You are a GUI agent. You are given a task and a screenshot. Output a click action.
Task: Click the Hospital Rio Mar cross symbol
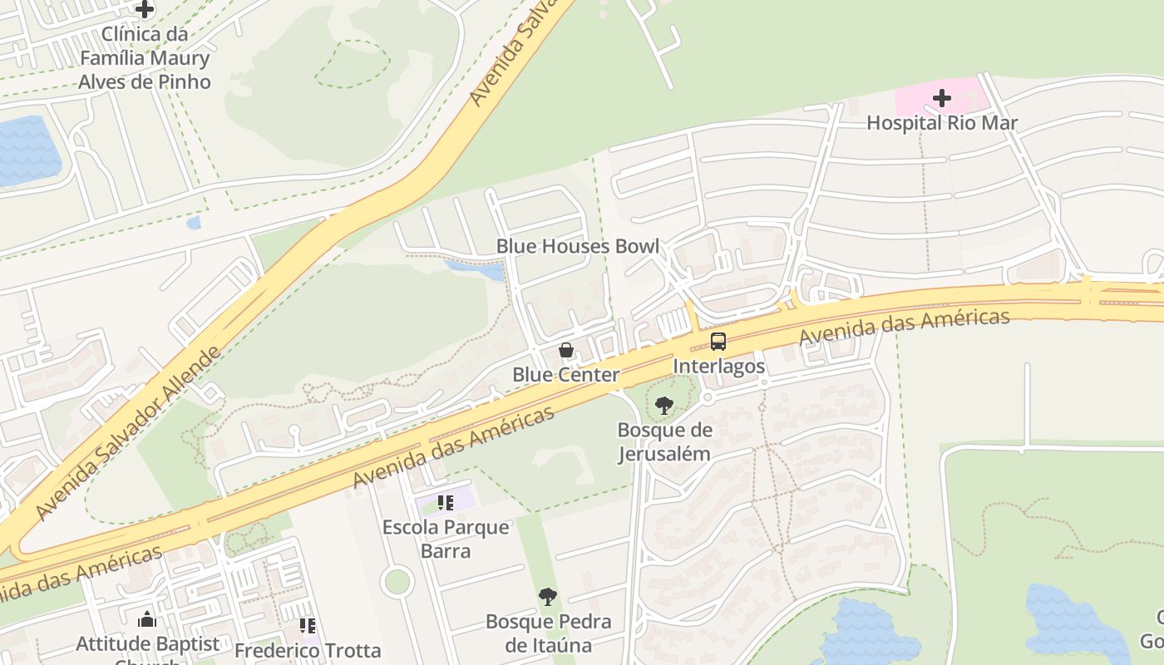point(941,99)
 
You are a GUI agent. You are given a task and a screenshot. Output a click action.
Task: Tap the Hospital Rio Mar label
point(942,123)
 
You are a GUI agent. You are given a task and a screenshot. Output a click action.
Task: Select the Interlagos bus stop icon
point(718,342)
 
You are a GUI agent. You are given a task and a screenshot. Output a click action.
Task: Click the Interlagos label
point(718,366)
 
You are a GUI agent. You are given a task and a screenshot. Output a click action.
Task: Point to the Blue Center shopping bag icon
point(566,350)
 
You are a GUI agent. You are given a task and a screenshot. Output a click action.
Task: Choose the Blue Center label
point(565,375)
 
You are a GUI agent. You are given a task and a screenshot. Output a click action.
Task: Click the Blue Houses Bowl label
point(578,246)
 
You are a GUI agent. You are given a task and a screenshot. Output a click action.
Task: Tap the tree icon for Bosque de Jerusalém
point(663,406)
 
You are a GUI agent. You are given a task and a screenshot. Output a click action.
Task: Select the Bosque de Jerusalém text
point(664,441)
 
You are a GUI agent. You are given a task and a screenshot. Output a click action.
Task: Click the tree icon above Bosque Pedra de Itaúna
point(547,596)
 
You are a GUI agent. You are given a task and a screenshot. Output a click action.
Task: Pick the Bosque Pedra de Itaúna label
point(548,633)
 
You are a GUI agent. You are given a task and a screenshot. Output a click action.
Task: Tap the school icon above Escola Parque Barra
point(446,502)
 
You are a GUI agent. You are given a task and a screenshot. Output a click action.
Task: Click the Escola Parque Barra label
point(446,539)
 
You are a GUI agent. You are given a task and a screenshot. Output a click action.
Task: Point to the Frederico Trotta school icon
point(308,625)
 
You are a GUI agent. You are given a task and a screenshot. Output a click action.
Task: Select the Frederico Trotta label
point(308,649)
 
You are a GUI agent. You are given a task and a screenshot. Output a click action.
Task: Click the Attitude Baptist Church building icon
point(147,619)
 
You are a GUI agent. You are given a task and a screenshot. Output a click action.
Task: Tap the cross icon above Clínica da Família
point(145,10)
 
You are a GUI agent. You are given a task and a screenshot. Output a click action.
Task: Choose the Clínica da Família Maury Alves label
point(145,58)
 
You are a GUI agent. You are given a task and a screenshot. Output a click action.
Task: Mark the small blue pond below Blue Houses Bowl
point(476,269)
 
